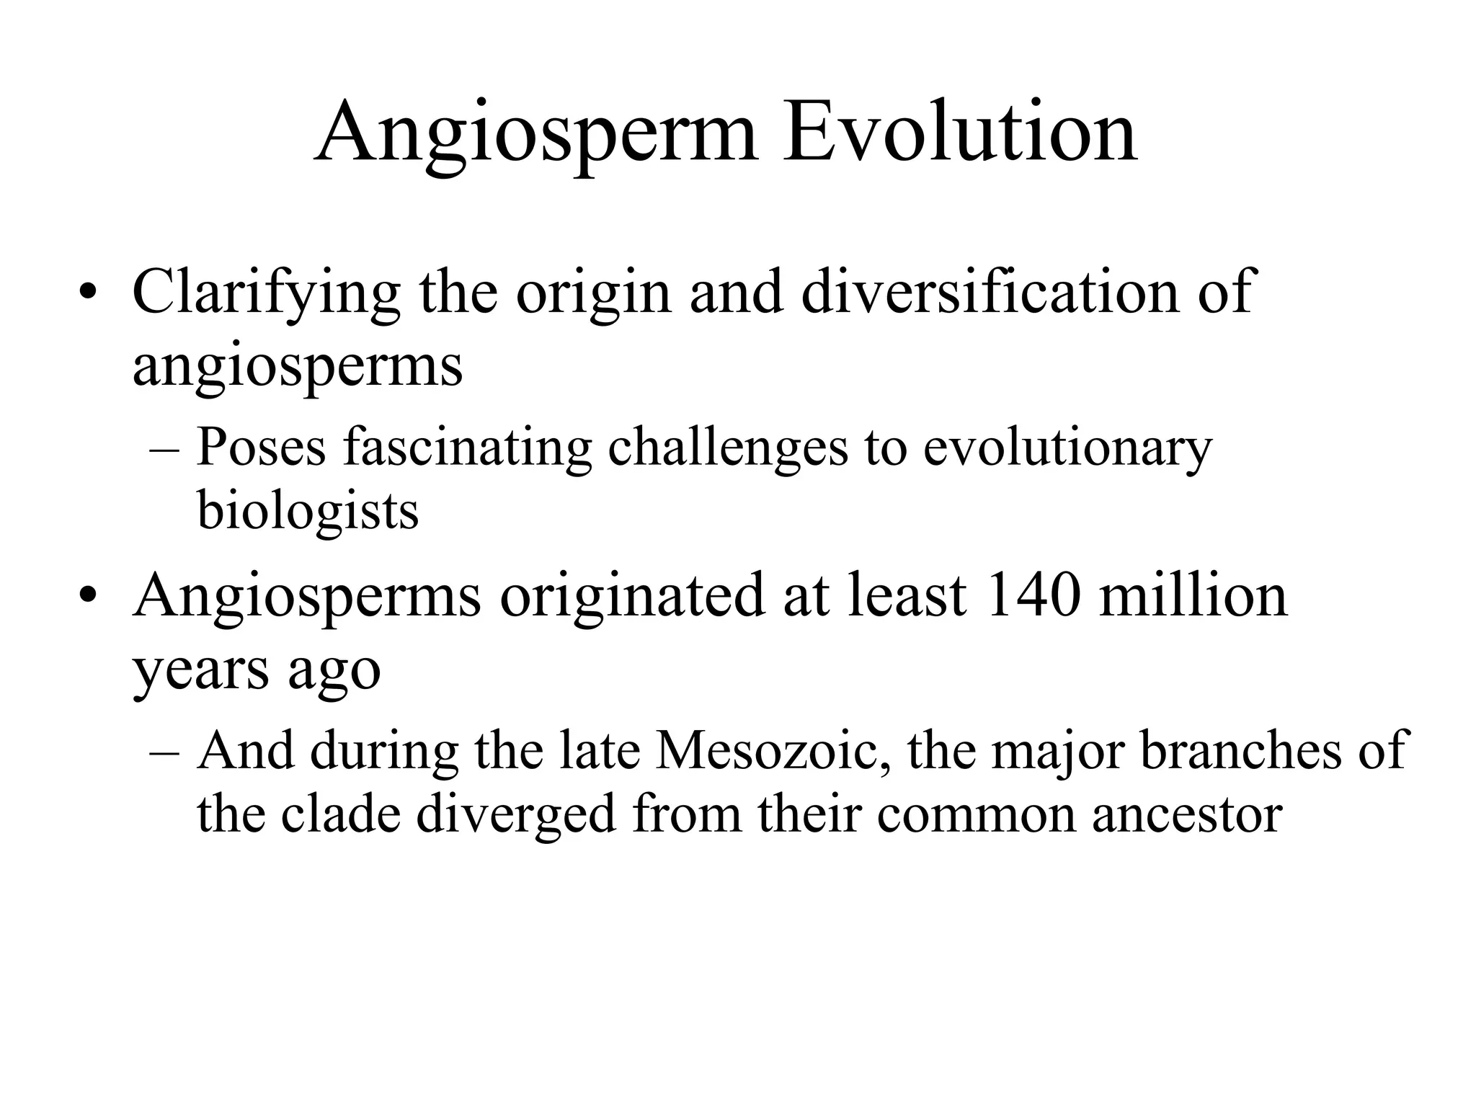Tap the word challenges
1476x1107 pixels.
(x=728, y=447)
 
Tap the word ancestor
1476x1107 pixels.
(x=1187, y=815)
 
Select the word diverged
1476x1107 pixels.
(x=516, y=815)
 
